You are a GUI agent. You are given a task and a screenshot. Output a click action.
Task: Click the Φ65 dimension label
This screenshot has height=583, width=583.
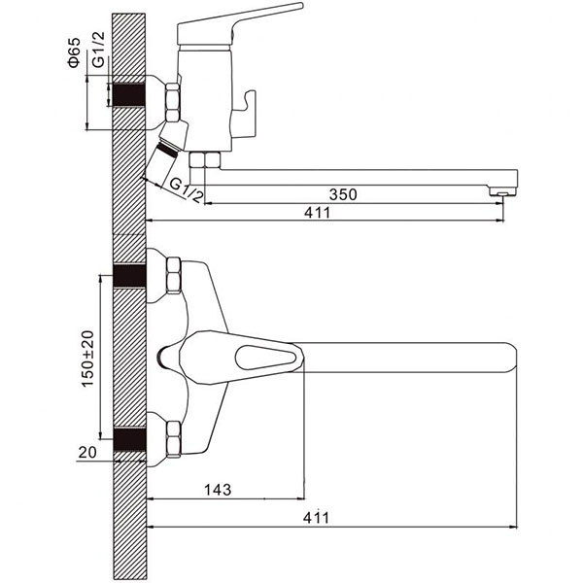click(x=74, y=52)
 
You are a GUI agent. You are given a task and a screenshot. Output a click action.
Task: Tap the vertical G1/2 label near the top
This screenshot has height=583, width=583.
click(x=98, y=50)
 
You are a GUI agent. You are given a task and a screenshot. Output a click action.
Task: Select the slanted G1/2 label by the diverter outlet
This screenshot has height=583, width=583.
click(x=187, y=190)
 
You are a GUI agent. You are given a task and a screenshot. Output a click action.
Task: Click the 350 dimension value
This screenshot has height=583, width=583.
click(x=343, y=194)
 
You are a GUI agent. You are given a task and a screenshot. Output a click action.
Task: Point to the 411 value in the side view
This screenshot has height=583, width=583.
click(x=317, y=213)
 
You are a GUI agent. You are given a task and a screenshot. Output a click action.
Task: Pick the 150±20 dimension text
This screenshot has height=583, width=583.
click(x=87, y=359)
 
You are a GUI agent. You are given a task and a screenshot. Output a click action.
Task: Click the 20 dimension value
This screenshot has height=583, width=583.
click(x=87, y=452)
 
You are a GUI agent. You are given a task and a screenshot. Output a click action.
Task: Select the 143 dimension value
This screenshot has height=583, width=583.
click(x=218, y=490)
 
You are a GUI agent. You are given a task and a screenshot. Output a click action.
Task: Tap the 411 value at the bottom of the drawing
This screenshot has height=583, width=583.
click(x=316, y=518)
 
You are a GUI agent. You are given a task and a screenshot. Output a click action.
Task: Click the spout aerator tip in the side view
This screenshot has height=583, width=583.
click(x=502, y=192)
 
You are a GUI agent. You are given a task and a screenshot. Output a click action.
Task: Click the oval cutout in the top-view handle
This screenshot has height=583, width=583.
click(x=265, y=358)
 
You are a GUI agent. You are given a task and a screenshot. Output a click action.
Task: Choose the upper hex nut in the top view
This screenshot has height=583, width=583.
click(x=174, y=275)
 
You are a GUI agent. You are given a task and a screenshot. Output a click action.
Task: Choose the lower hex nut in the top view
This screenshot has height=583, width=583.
click(x=174, y=439)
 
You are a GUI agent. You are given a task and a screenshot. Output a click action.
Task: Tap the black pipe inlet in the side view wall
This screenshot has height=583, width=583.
click(x=128, y=94)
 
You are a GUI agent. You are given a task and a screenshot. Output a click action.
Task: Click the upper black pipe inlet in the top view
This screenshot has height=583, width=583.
click(x=129, y=276)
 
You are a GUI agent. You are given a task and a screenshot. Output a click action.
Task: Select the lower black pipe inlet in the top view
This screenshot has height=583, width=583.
click(x=129, y=439)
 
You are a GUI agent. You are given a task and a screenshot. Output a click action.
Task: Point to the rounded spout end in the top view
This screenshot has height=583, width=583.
click(x=510, y=358)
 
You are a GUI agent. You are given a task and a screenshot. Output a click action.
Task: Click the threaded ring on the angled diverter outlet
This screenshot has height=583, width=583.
click(x=167, y=149)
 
